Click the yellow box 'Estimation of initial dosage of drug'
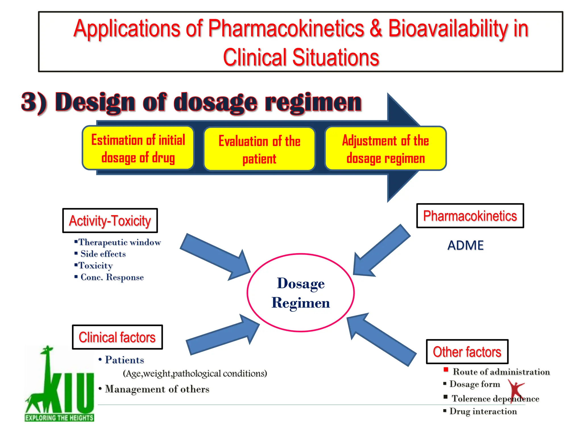pos(138,148)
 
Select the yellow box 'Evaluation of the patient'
pos(259,149)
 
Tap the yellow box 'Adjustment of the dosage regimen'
pos(385,149)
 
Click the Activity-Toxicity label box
pos(110,221)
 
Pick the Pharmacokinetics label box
pos(470,216)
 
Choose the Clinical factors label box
pos(117,337)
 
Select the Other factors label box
pos(467,352)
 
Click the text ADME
pos(465,245)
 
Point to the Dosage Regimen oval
pos(301,293)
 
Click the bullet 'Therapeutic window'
pos(119,242)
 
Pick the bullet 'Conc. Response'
pos(112,277)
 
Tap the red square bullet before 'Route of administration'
pos(446,370)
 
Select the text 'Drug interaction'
pos(483,411)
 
